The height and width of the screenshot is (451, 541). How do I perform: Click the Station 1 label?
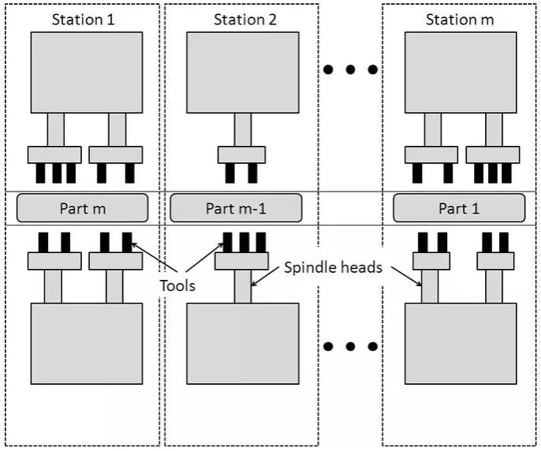pos(83,20)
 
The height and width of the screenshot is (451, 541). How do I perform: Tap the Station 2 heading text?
pos(245,20)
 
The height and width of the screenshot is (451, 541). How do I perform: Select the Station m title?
pos(460,20)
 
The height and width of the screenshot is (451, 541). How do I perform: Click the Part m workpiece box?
pos(83,208)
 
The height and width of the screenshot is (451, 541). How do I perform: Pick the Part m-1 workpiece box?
pos(236,208)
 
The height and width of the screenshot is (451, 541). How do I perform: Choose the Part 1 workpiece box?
pos(459,208)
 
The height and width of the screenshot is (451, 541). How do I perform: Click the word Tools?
pos(177,285)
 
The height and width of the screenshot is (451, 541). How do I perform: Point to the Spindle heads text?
pos(334,267)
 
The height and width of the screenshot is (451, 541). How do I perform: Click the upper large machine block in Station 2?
pos(243,73)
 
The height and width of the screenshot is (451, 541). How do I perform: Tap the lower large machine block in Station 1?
pos(87,344)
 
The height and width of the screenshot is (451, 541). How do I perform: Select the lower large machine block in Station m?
pos(461,344)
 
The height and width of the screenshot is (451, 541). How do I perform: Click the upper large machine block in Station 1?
pos(87,73)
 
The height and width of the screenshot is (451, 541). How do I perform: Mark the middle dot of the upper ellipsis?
pos(350,69)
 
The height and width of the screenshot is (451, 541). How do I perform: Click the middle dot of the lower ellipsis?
pos(350,346)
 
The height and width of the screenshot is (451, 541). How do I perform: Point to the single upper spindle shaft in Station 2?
pos(243,130)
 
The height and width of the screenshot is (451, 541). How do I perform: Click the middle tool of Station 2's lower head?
pos(244,243)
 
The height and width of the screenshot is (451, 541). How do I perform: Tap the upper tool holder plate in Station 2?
pos(241,155)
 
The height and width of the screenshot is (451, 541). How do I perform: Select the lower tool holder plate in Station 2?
pos(241,261)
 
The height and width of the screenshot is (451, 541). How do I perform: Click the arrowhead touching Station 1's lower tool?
pos(134,244)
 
